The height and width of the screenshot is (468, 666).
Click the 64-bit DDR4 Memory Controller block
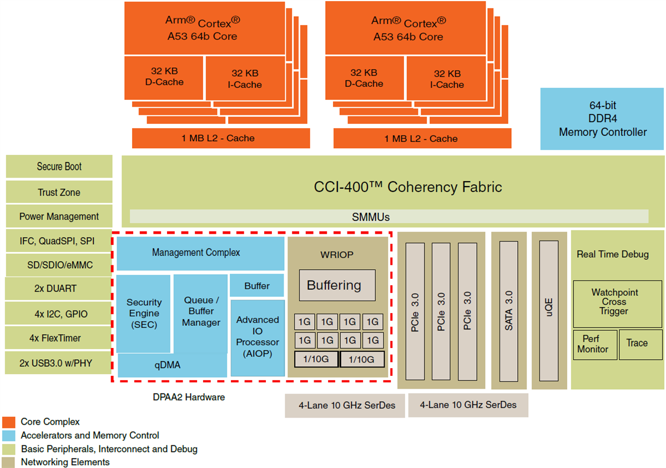point(602,119)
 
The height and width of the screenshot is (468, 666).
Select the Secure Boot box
point(59,167)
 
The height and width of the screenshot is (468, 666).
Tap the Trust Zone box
point(59,192)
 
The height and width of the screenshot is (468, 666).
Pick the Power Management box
point(59,217)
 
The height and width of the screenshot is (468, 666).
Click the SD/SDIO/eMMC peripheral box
point(59,265)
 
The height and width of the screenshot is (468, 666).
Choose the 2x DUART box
point(59,289)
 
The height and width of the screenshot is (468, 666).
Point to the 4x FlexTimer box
point(59,338)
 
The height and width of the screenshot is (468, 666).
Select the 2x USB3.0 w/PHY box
point(59,363)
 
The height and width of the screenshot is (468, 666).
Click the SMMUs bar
point(389,217)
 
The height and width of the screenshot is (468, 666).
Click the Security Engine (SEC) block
point(144,313)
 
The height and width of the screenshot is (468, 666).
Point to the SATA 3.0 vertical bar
point(508,311)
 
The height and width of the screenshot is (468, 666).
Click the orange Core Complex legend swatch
point(8,422)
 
